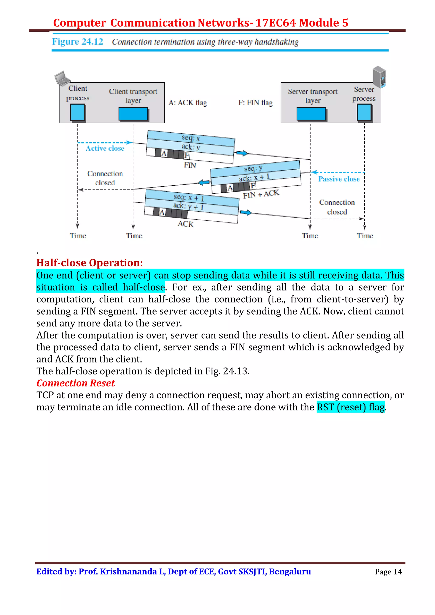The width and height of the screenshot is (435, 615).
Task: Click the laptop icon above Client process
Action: point(62,78)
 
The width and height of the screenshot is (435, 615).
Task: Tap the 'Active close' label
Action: point(105,148)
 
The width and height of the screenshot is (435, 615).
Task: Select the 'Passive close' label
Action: point(339,179)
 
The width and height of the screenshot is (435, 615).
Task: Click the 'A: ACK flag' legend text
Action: point(187,102)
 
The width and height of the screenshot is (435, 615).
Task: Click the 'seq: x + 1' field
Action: point(189,198)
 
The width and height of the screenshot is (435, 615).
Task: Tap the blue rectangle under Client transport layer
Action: point(133,114)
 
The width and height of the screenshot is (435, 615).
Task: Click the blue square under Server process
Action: point(364,112)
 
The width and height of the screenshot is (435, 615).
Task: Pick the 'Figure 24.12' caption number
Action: point(78,42)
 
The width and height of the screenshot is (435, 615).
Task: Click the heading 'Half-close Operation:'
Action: point(89,263)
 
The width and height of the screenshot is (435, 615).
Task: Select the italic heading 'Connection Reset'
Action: point(76,383)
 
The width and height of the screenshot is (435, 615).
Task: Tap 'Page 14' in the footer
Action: point(388,572)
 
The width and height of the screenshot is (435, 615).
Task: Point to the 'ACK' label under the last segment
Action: point(185,224)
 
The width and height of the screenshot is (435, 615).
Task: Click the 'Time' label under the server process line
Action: point(364,236)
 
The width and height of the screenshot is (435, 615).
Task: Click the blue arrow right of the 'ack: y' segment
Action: point(242,153)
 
